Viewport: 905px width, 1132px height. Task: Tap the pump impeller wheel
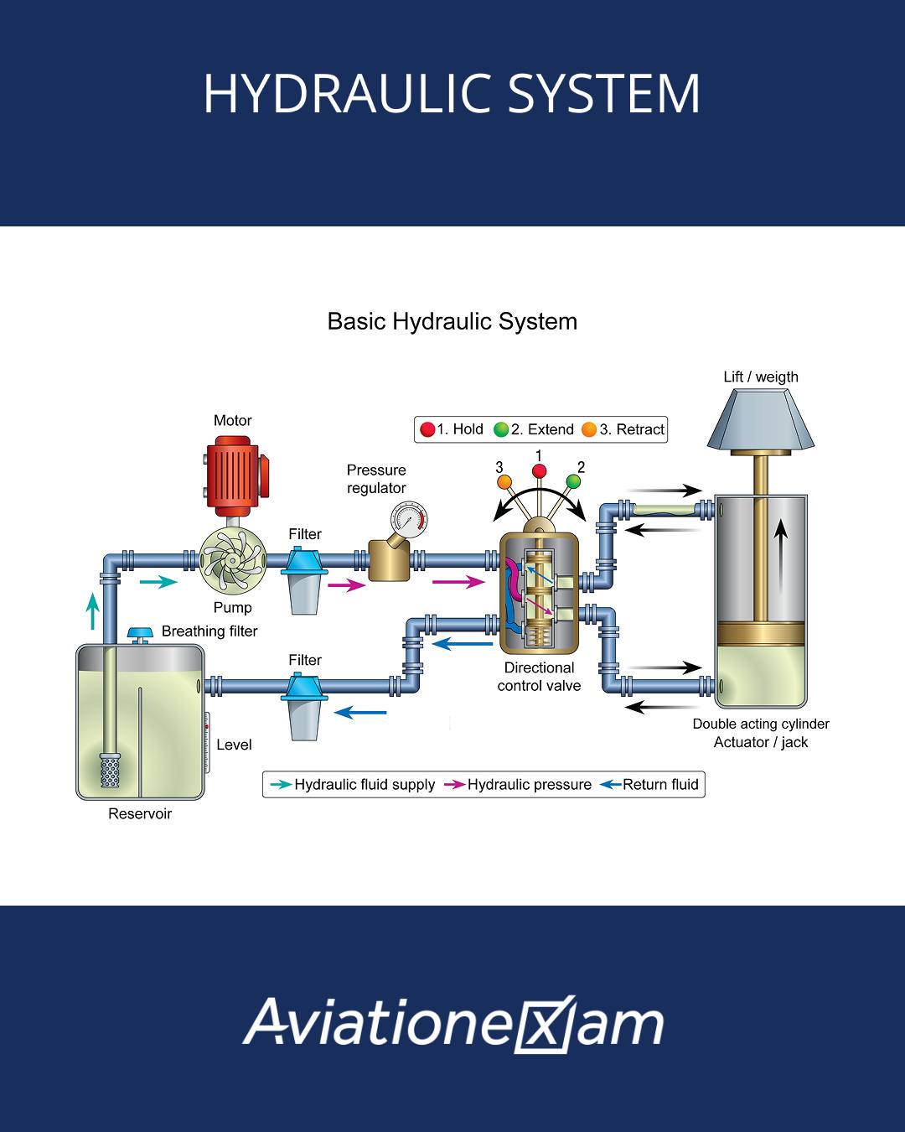coord(232,561)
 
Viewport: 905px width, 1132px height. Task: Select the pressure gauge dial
coord(409,519)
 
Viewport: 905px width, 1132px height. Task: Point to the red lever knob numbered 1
coord(539,470)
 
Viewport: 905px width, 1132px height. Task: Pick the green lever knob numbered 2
coord(573,480)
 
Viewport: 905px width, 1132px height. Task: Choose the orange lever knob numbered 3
coord(504,481)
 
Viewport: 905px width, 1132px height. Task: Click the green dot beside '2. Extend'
coord(501,429)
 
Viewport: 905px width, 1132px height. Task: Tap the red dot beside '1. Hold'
coord(427,429)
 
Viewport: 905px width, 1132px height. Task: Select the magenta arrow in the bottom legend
coord(454,784)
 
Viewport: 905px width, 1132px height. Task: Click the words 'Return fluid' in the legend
coord(660,784)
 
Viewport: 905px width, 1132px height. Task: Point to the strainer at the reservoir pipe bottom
coord(110,770)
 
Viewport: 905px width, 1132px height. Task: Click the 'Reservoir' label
coord(140,813)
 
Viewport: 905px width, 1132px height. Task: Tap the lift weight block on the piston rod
coord(760,419)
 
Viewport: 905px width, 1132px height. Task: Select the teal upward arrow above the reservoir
coord(93,610)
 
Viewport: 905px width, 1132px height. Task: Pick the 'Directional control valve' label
coord(539,677)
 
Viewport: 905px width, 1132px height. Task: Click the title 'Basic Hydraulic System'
coord(452,321)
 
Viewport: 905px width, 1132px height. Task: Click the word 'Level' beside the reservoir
coord(234,745)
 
